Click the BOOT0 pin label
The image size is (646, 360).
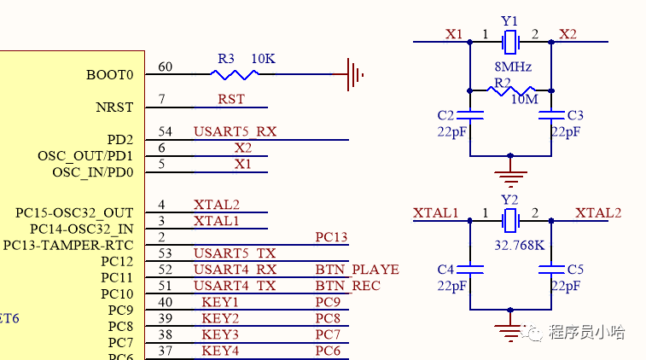point(110,74)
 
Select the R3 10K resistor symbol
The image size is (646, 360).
point(233,74)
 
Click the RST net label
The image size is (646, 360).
point(230,99)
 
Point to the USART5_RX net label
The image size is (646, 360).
point(235,131)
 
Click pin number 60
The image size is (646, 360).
point(166,67)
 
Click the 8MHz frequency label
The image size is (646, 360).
point(514,67)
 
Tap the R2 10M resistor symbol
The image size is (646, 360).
point(510,90)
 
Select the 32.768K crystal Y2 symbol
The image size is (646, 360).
point(510,221)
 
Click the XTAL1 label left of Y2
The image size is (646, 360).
point(436,212)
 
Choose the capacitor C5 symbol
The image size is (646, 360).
point(551,270)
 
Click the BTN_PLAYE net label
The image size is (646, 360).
point(357,270)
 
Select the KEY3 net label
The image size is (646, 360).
point(220,334)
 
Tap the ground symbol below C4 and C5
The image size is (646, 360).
point(510,331)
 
